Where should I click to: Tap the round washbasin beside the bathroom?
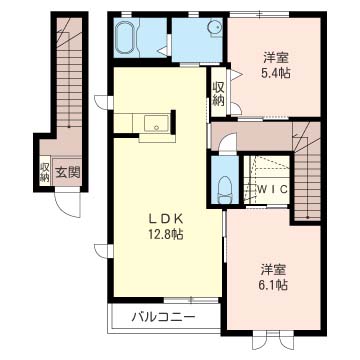212,30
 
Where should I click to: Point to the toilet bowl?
226,185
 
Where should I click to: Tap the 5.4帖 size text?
277,73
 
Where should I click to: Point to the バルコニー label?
160,319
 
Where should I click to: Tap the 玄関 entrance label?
67,172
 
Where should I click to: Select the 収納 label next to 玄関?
44,171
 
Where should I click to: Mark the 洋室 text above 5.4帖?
277,56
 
